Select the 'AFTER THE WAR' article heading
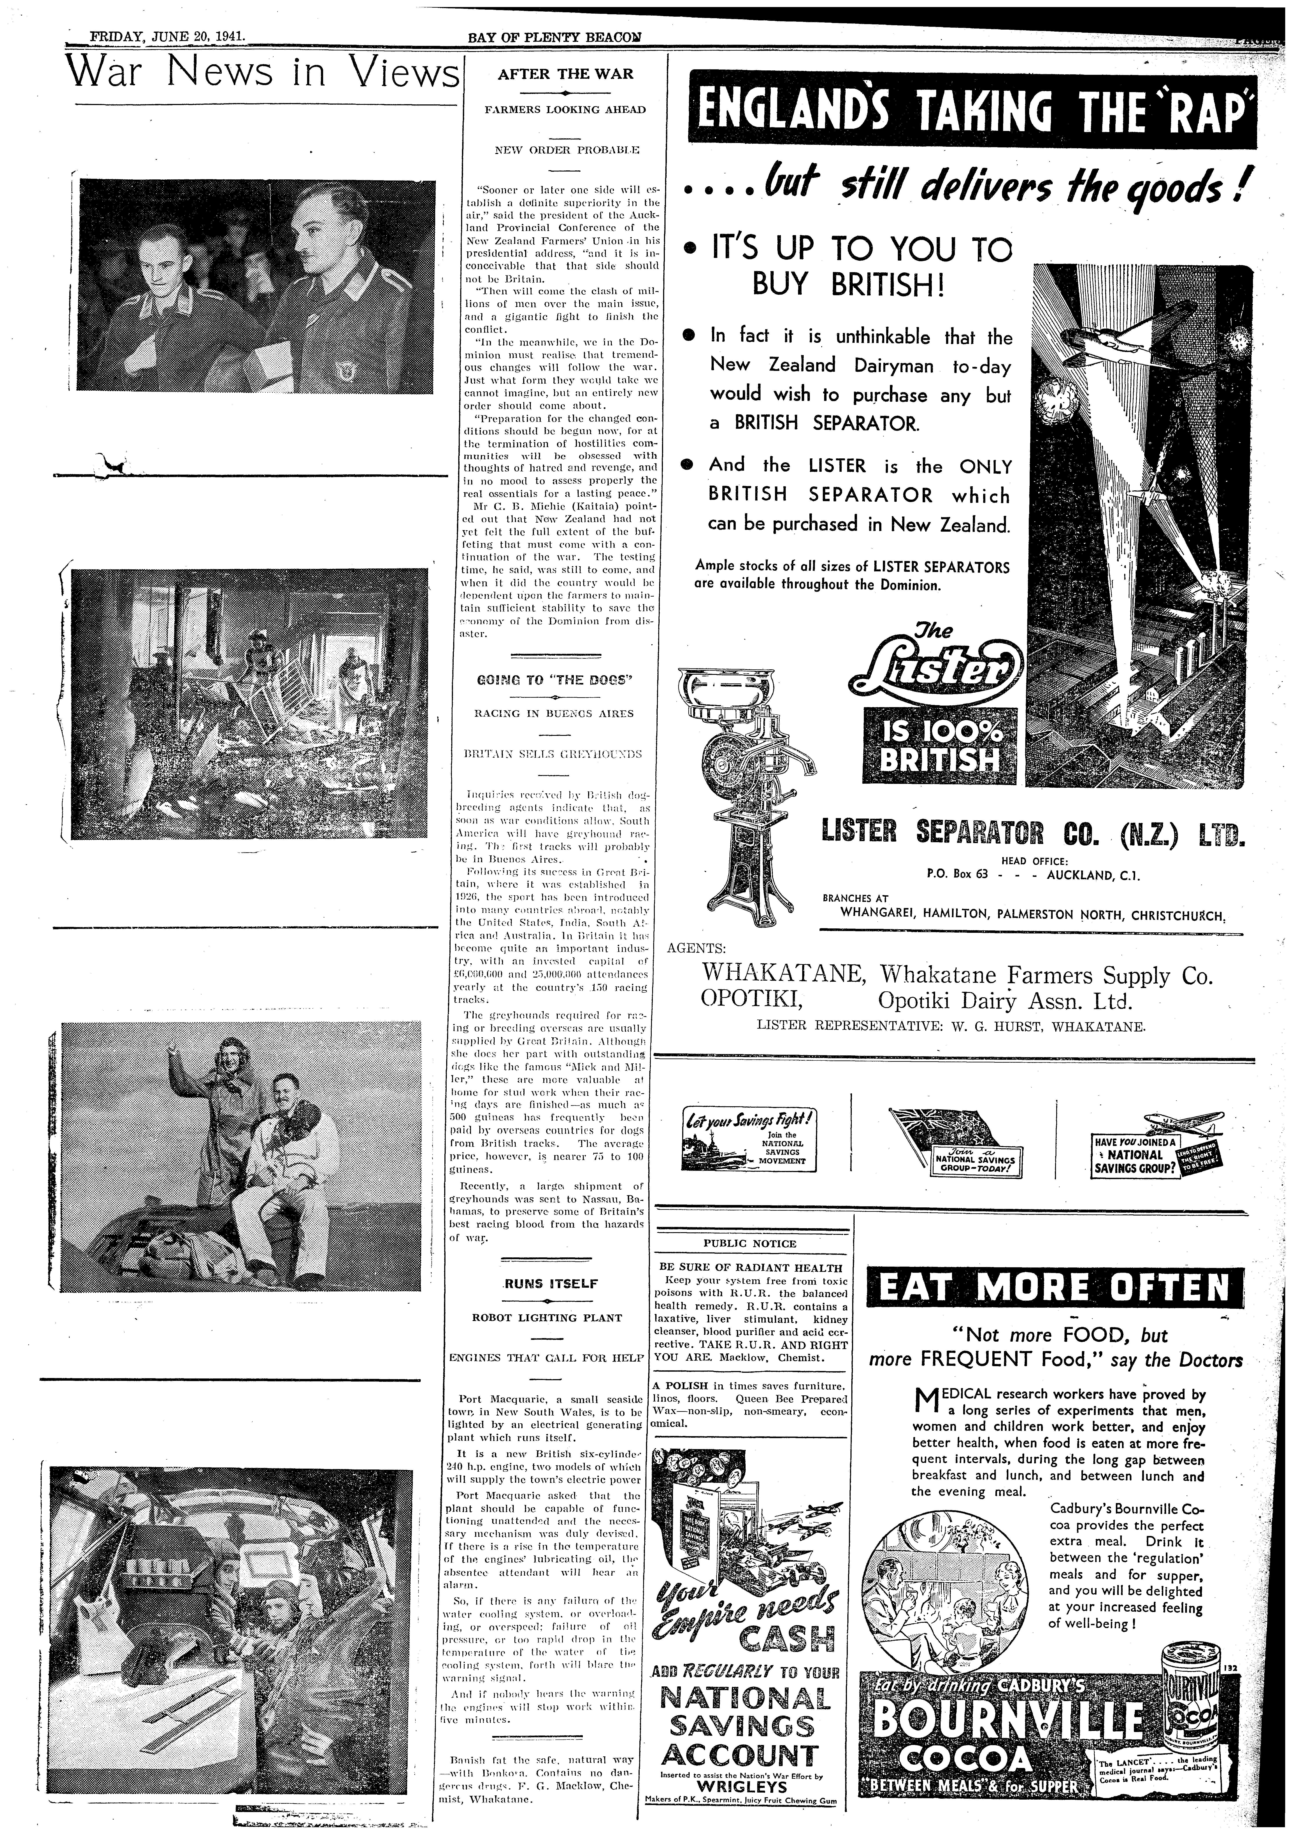[x=565, y=74]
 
